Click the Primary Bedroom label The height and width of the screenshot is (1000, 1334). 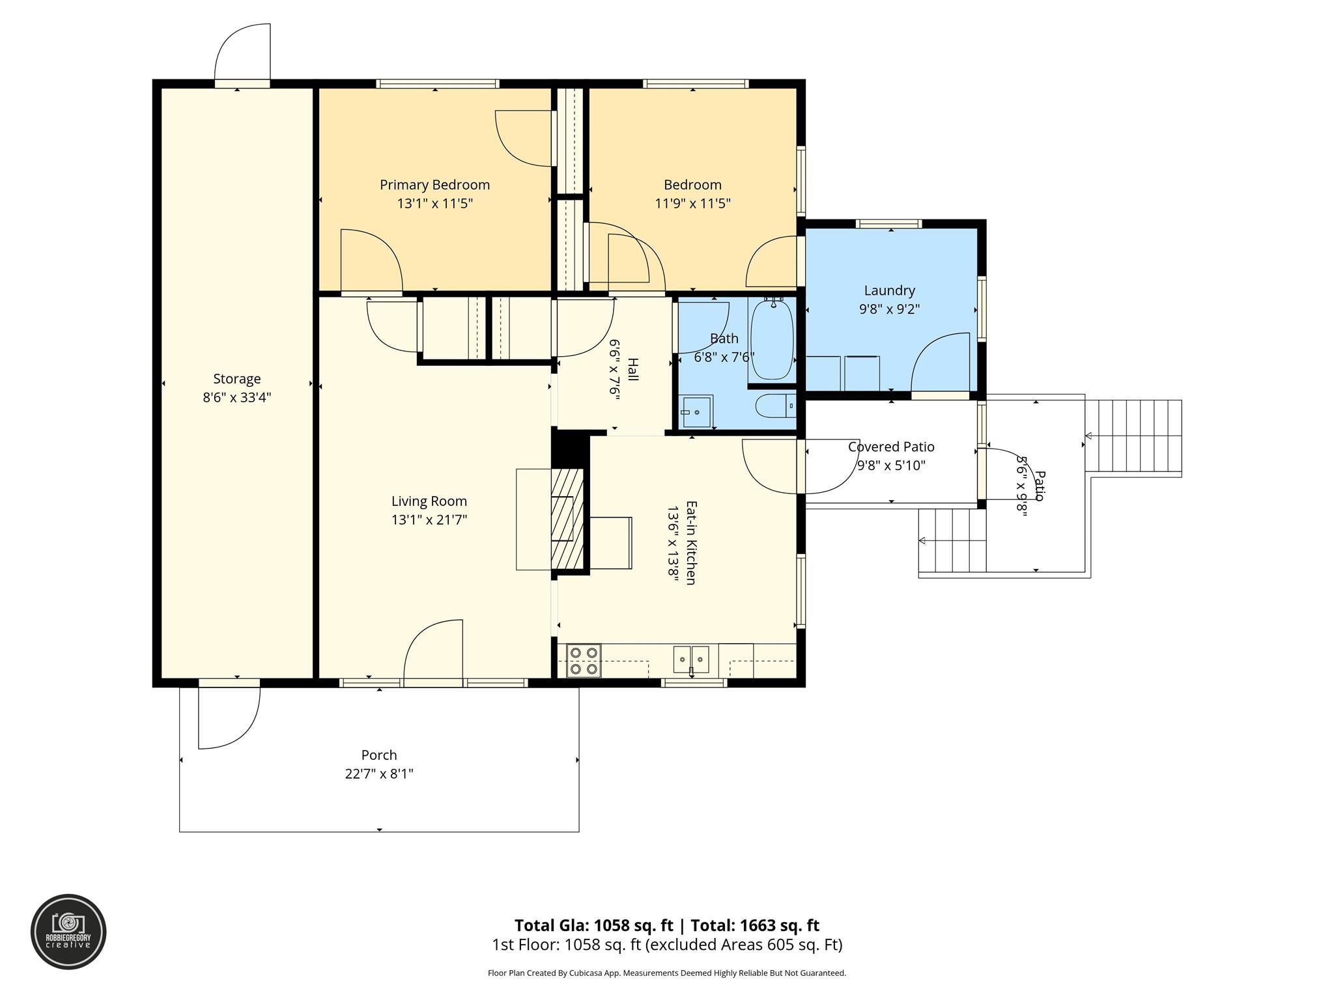tap(434, 185)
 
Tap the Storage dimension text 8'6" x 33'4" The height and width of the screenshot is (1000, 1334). tap(236, 397)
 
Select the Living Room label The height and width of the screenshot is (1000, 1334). tap(429, 501)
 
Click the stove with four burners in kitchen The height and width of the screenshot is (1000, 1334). tap(583, 660)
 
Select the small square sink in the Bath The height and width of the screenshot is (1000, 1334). tap(696, 411)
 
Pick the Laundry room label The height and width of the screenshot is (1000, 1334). tap(889, 290)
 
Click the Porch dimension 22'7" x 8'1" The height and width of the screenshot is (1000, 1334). tap(379, 774)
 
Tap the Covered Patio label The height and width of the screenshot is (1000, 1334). tap(890, 447)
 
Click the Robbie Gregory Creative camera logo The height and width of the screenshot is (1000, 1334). tap(68, 932)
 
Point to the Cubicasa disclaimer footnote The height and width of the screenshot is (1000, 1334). tap(666, 973)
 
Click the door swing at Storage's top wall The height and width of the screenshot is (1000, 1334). tap(242, 52)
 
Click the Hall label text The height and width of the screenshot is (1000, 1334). tap(632, 369)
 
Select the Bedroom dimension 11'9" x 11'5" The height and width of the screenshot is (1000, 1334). tap(692, 204)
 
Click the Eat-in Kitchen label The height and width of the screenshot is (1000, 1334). tap(691, 542)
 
